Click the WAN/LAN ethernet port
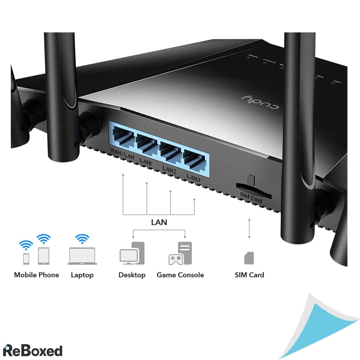pyautogui.click(x=122, y=137)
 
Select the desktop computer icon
pyautogui.click(x=132, y=253)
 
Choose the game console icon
pyautogui.click(x=180, y=253)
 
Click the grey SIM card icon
pyautogui.click(x=249, y=258)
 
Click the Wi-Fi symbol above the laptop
pyautogui.click(x=82, y=239)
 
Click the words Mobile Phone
pyautogui.click(x=37, y=275)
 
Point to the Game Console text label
pyautogui.click(x=180, y=275)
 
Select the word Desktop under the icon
pyautogui.click(x=132, y=275)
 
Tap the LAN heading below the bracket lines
pyautogui.click(x=159, y=222)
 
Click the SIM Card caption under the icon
pyautogui.click(x=249, y=275)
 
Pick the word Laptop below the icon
pyautogui.click(x=82, y=275)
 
